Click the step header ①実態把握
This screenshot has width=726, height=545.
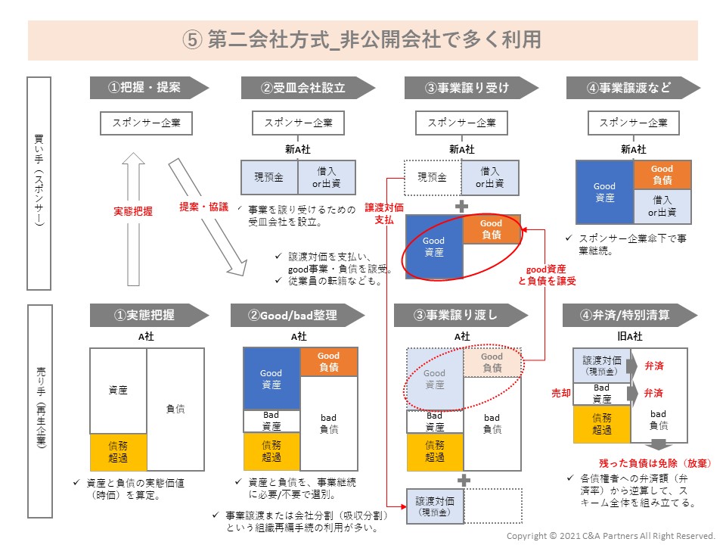[x=144, y=315]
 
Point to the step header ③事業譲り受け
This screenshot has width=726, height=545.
[x=467, y=87]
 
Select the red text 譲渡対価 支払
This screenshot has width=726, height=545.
[x=383, y=213]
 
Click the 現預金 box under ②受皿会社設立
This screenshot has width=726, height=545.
[x=268, y=176]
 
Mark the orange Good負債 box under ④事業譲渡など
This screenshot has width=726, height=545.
[x=662, y=175]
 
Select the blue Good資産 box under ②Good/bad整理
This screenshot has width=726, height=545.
[x=271, y=379]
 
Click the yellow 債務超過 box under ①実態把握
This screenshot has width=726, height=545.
[x=117, y=452]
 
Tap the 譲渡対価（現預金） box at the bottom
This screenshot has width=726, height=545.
[x=435, y=506]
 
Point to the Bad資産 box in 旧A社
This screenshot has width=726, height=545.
[x=601, y=394]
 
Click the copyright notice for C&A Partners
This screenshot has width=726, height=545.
[x=610, y=536]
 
